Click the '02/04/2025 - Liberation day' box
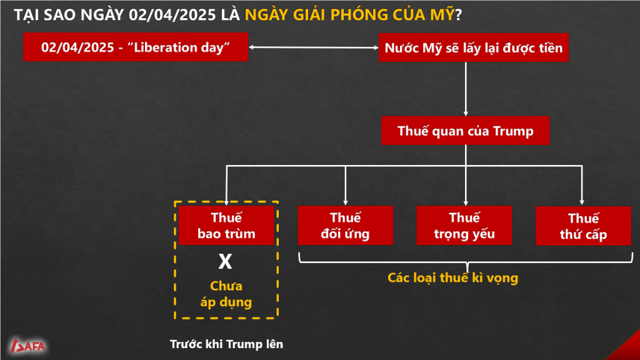[136, 47]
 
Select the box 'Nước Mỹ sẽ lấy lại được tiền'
[474, 47]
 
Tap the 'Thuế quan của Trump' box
[465, 131]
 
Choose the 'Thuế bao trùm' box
[226, 225]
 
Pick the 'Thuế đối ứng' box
[345, 225]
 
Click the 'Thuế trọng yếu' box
[464, 225]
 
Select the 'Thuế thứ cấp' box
[583, 226]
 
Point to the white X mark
[225, 261]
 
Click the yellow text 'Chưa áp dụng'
[226, 294]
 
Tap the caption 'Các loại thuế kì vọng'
[452, 277]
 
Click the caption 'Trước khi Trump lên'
[226, 344]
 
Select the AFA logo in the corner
[27, 346]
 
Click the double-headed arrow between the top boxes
[314, 47]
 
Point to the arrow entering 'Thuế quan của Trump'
[466, 89]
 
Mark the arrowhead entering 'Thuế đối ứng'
[345, 202]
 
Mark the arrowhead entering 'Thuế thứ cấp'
[582, 202]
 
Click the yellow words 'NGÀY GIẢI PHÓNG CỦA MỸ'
[349, 15]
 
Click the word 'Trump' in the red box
[513, 131]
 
